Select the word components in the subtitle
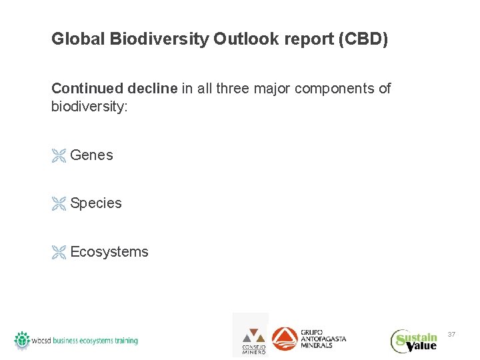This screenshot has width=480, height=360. tap(321, 89)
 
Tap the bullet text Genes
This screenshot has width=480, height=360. tap(91, 155)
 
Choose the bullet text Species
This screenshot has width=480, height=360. tap(96, 203)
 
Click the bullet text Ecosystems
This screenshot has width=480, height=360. tap(109, 252)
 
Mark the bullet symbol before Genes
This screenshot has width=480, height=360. tap(59, 156)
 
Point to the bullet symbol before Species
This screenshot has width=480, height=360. tap(59, 204)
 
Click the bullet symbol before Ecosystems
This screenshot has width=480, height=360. tap(59, 253)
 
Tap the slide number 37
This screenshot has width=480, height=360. tap(451, 333)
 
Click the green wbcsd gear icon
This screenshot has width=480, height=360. tap(23, 339)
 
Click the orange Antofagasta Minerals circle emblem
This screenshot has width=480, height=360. tap(285, 338)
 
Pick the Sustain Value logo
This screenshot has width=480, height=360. tap(414, 340)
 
